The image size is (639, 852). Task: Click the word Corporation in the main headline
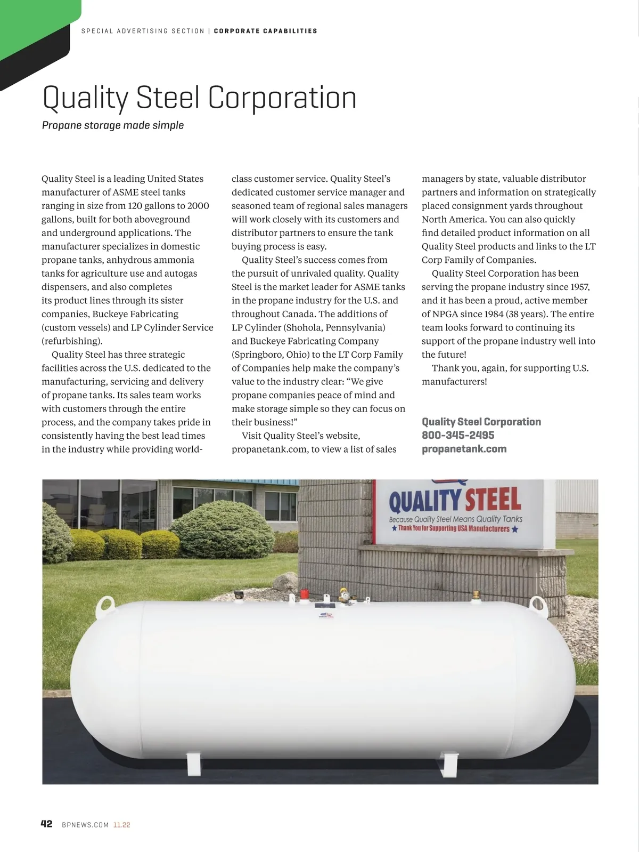[282, 98]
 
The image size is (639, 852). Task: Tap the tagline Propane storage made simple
[113, 125]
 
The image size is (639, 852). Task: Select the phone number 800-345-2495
[458, 435]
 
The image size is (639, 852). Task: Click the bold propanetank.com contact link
[464, 449]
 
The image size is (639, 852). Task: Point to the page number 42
[47, 824]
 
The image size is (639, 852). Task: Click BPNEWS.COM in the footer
[85, 825]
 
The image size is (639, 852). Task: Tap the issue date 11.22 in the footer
[121, 825]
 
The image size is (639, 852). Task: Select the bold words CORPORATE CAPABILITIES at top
[265, 31]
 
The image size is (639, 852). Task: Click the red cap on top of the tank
[304, 594]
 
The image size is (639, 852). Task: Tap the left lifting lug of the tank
[105, 605]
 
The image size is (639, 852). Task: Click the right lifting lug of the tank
[538, 605]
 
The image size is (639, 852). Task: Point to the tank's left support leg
[193, 763]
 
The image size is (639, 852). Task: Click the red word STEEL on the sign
[493, 500]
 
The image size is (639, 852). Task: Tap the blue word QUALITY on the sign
[425, 501]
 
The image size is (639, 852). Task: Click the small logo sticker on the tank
[325, 615]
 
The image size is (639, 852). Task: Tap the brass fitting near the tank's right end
[476, 594]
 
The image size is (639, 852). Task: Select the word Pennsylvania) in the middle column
[355, 327]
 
